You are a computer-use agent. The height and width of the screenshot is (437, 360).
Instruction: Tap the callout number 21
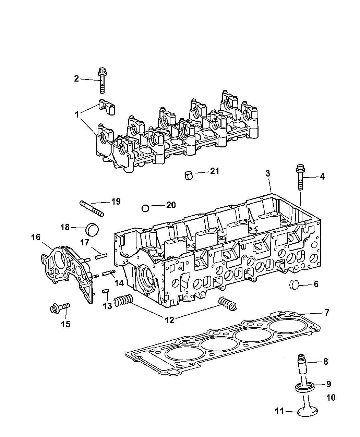215,171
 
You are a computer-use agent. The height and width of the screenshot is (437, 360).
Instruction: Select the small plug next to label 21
188,175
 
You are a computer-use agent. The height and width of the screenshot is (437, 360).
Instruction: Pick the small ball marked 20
145,208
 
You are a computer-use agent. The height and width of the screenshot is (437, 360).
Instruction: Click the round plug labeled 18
92,228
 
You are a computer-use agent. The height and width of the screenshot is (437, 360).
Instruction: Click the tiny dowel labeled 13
106,291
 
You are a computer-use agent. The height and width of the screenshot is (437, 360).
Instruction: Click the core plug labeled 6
295,284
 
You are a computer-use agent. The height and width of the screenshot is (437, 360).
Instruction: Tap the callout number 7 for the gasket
327,312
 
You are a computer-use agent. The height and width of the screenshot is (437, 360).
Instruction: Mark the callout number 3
267,174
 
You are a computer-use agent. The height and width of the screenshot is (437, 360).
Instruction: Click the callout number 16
36,237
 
